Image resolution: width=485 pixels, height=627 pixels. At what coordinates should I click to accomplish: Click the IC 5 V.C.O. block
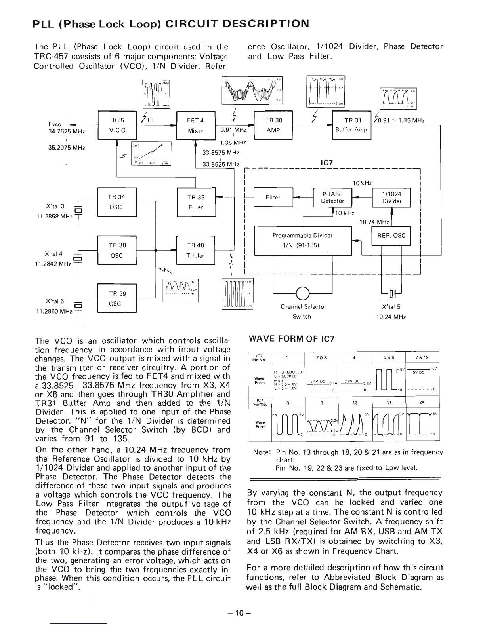click(x=117, y=125)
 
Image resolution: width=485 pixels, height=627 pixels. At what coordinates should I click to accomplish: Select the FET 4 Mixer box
click(x=195, y=125)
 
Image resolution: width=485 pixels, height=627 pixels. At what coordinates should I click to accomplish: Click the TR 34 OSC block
click(x=116, y=202)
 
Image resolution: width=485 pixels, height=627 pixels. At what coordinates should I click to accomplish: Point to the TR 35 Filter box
click(x=196, y=202)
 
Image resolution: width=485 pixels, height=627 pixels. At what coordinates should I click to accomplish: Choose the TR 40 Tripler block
click(x=196, y=250)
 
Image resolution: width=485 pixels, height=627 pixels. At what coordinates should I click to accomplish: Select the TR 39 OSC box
click(x=116, y=298)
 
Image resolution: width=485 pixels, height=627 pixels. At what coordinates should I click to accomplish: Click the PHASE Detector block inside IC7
click(x=332, y=197)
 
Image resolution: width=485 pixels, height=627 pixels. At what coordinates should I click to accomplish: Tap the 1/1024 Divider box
click(x=391, y=197)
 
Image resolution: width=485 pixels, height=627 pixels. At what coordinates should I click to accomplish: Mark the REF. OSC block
click(x=391, y=235)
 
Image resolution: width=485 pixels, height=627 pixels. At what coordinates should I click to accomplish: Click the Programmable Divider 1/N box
click(x=302, y=240)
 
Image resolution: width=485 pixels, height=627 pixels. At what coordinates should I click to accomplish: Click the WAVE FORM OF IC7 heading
click(x=291, y=339)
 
